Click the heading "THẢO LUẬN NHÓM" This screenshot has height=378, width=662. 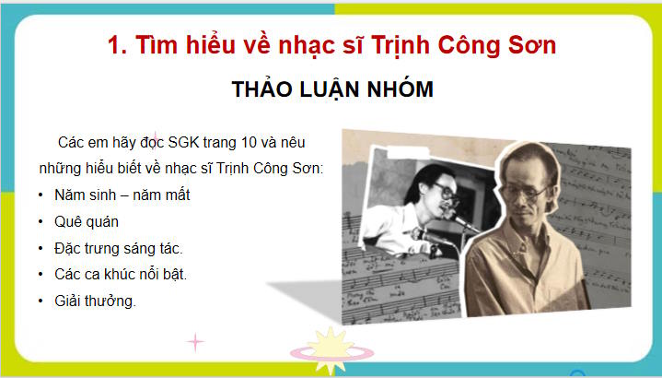[331, 90]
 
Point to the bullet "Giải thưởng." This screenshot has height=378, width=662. [96, 301]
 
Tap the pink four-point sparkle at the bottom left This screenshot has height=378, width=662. [195, 342]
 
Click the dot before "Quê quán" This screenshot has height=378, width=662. [42, 222]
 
